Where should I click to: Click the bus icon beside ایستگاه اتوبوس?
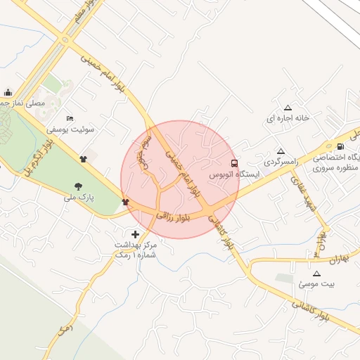click(x=234, y=163)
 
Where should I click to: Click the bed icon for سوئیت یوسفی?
click(x=69, y=118)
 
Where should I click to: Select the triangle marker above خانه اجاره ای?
click(x=287, y=107)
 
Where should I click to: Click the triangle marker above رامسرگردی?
click(x=281, y=151)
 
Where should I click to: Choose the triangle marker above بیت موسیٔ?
click(x=316, y=272)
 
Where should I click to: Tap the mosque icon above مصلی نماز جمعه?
click(x=8, y=91)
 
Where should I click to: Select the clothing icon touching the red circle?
click(x=126, y=202)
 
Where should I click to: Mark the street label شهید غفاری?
click(x=307, y=193)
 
